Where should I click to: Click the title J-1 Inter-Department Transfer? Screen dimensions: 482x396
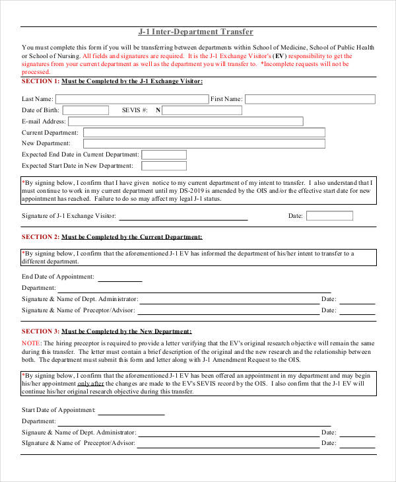pyautogui.click(x=195, y=32)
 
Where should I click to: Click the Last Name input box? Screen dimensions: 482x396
pyautogui.click(x=131, y=99)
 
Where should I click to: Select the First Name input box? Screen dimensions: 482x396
pyautogui.click(x=310, y=99)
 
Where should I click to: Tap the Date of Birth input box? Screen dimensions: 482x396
pyautogui.click(x=86, y=110)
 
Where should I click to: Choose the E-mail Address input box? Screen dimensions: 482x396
pyautogui.click(x=185, y=121)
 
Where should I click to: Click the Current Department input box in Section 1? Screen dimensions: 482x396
pyautogui.click(x=204, y=133)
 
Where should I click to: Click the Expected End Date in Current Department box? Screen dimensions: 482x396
pyautogui.click(x=164, y=155)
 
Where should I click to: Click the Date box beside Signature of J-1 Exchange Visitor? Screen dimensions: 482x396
pyautogui.click(x=329, y=216)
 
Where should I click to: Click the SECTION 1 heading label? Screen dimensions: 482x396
pyautogui.click(x=40, y=81)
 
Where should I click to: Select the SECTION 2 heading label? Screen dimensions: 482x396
pyautogui.click(x=40, y=236)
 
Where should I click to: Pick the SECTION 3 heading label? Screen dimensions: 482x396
pyautogui.click(x=40, y=331)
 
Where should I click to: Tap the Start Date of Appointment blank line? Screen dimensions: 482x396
pyautogui.click(x=131, y=412)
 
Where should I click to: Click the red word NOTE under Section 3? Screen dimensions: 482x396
pyautogui.click(x=30, y=343)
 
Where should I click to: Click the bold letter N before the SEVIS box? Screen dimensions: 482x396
pyautogui.click(x=158, y=110)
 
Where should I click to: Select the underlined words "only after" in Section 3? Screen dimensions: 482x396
pyautogui.click(x=90, y=384)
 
